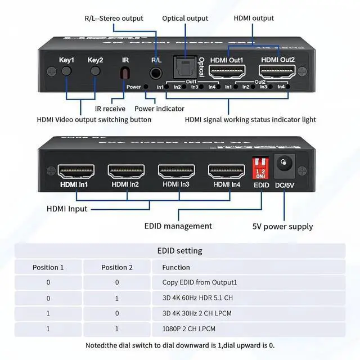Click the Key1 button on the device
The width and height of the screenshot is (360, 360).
point(67,71)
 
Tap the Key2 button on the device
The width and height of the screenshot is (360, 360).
point(96,71)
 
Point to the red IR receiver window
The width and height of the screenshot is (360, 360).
point(125,73)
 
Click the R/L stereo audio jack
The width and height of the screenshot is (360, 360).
point(156,73)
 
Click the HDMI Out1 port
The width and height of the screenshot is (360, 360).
point(227,72)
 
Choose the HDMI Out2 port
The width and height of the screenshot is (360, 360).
point(276,72)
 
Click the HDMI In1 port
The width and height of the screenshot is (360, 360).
point(76,170)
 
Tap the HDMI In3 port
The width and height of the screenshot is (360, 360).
point(176,170)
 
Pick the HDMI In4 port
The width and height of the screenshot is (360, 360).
point(226,170)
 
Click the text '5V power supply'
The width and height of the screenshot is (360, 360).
point(282,227)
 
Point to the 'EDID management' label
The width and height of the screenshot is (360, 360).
point(178,226)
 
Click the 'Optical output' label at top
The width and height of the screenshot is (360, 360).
point(185,19)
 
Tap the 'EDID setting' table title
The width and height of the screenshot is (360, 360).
point(179,251)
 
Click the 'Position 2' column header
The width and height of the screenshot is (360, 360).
point(117,267)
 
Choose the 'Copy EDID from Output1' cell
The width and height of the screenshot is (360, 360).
point(199,282)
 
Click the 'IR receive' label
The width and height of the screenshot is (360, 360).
point(110,109)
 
